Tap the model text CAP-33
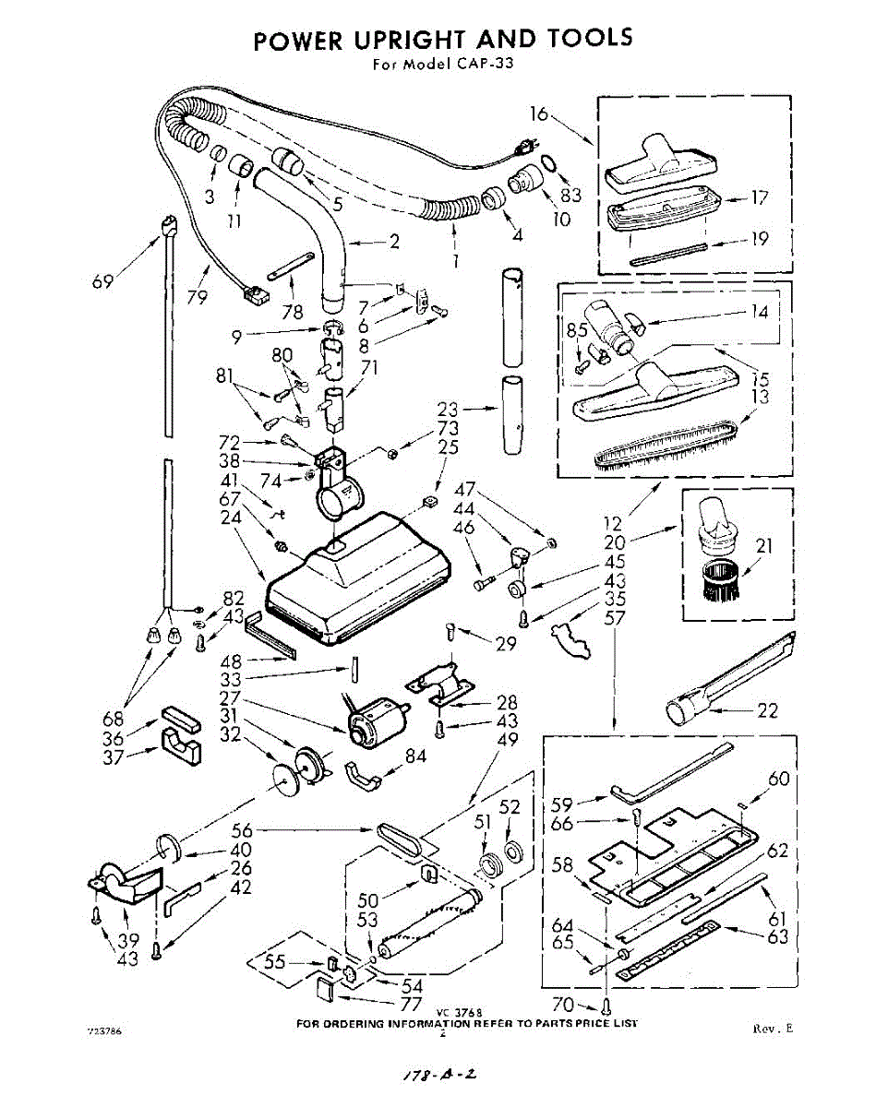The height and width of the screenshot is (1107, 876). [x=480, y=65]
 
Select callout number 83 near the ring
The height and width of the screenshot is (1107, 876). [x=570, y=195]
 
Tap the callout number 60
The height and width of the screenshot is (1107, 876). [x=779, y=780]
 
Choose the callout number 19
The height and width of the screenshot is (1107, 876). [x=759, y=239]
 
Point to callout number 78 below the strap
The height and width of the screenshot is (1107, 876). [x=293, y=312]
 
